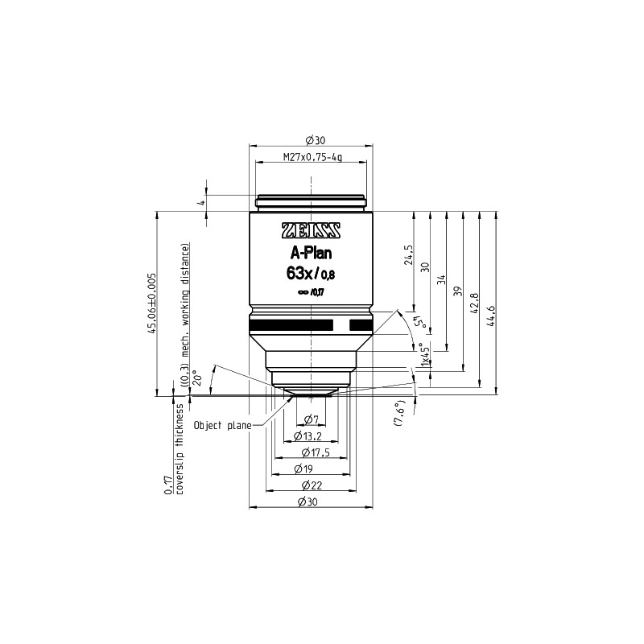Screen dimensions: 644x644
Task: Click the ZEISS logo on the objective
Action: [x=311, y=230]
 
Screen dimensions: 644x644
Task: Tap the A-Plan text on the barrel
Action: [x=311, y=254]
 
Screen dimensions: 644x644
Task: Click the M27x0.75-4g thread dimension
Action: [x=312, y=157]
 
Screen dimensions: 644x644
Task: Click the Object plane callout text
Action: [x=222, y=425]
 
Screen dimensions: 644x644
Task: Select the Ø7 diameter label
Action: [x=311, y=419]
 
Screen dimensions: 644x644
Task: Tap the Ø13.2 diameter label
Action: [x=308, y=436]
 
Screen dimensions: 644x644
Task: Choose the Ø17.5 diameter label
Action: [x=316, y=452]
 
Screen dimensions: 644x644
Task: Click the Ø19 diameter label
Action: [x=303, y=469]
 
